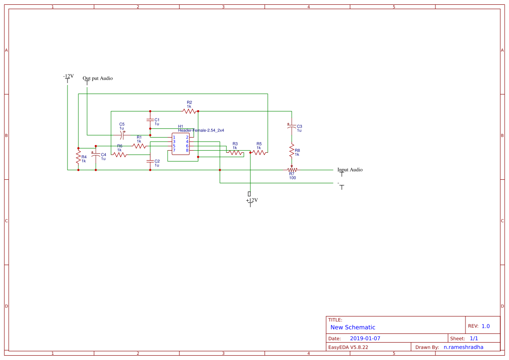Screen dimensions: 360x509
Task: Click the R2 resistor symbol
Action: (x=189, y=111)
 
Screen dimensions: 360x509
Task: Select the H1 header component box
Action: (x=181, y=144)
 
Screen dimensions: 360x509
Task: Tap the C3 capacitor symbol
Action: (x=292, y=126)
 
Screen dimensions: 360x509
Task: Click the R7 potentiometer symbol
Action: (x=292, y=170)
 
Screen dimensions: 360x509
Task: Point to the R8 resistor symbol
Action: (x=292, y=151)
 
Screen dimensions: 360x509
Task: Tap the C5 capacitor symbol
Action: (x=122, y=135)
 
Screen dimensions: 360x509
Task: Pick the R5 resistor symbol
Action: (x=259, y=152)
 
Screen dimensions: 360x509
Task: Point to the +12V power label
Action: (x=252, y=200)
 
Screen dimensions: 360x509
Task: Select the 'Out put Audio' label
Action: (x=98, y=78)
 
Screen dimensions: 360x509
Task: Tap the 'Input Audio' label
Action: (x=350, y=170)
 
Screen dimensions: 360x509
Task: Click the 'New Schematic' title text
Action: (x=353, y=327)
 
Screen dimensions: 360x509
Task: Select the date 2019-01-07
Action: (x=365, y=338)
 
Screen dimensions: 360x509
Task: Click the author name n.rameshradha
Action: (x=463, y=347)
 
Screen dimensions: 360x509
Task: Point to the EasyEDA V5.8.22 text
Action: (x=348, y=347)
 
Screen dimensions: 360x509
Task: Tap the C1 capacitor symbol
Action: (x=150, y=120)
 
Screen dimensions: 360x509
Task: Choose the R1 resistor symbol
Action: (x=139, y=146)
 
